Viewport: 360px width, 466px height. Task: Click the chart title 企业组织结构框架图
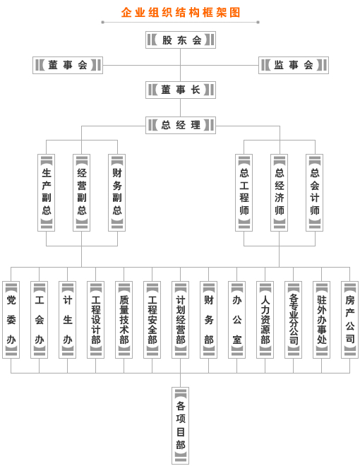tap(181, 13)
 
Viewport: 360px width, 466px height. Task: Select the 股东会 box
tap(181, 40)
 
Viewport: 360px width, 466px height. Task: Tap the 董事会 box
tap(68, 65)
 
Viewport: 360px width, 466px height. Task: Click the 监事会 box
tap(294, 65)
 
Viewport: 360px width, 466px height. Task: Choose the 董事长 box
tap(181, 90)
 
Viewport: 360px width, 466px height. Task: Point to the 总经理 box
tap(181, 125)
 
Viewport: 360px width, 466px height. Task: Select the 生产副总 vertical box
tap(47, 193)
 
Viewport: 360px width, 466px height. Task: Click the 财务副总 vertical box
tap(117, 193)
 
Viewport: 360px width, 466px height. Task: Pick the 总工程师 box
tap(244, 193)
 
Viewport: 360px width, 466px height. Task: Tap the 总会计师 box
tap(315, 193)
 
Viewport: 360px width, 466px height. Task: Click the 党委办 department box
tap(11, 320)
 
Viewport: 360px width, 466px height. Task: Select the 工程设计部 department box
tap(95, 320)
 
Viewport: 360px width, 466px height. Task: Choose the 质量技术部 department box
tap(124, 320)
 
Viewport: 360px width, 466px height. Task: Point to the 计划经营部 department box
tap(180, 320)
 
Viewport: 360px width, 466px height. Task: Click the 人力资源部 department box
tap(265, 320)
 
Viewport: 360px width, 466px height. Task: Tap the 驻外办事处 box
tap(321, 320)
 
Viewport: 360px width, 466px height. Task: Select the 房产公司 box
tap(349, 320)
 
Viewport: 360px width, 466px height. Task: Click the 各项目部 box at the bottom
tap(180, 426)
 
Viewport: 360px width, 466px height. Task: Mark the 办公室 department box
tap(236, 320)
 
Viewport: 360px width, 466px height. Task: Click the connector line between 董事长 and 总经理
tap(180, 107)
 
